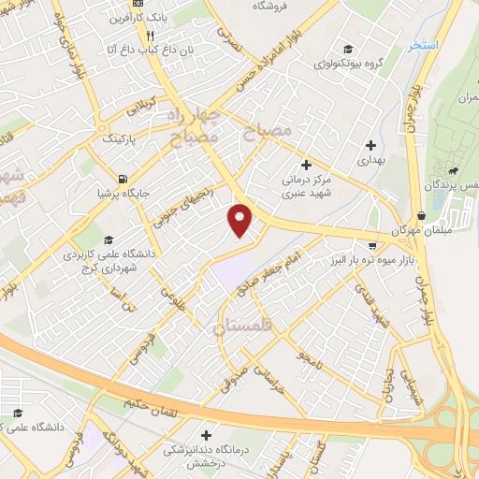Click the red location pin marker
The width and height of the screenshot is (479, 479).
click(x=240, y=221)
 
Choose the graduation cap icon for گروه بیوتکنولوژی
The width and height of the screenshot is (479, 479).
click(x=347, y=49)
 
